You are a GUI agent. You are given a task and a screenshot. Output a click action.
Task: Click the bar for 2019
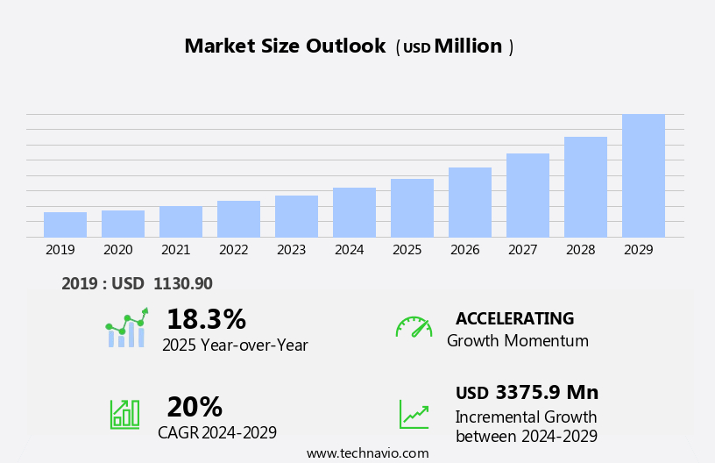(65, 224)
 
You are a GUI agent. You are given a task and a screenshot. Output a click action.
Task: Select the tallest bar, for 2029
(643, 175)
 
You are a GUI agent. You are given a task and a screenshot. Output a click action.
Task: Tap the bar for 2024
(354, 212)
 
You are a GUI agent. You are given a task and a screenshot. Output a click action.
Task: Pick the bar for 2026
(470, 202)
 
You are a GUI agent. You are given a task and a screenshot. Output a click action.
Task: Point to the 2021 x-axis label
(175, 250)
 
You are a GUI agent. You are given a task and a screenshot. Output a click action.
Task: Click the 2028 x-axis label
(580, 250)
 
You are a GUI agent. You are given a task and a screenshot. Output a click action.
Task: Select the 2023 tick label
(291, 250)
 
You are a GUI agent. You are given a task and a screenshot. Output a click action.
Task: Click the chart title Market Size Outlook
(285, 46)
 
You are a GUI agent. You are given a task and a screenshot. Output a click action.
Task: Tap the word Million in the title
(468, 46)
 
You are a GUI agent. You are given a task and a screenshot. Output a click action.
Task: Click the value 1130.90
(183, 283)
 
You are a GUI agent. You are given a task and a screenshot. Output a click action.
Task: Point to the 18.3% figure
(206, 319)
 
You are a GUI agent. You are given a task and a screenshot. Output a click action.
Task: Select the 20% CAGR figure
(195, 407)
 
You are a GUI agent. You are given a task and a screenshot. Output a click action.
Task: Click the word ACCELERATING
(514, 318)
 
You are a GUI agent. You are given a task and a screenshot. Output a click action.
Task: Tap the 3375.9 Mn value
(547, 392)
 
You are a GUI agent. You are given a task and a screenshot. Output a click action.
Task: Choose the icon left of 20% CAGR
(125, 413)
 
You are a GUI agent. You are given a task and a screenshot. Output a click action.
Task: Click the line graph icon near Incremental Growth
(414, 414)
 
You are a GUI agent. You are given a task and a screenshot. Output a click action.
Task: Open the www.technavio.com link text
(367, 453)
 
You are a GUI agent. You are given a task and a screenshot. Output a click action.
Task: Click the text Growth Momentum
(517, 341)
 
